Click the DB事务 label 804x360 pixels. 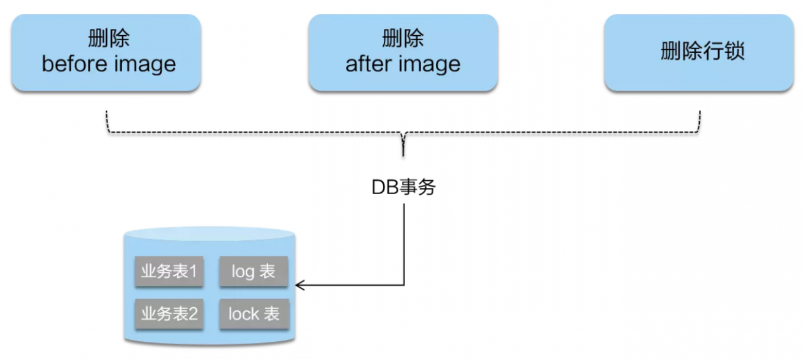(403, 187)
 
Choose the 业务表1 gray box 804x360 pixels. (169, 271)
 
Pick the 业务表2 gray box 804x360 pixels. (169, 314)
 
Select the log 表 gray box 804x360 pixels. (254, 271)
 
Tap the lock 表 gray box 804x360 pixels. (254, 314)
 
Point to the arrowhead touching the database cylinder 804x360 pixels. (299, 286)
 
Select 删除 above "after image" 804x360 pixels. (403, 39)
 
